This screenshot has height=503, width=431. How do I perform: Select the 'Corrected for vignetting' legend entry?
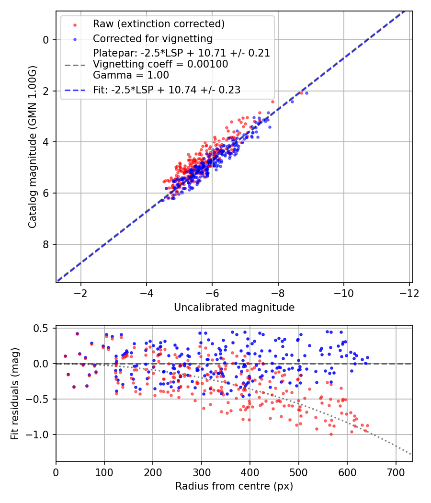click(152, 38)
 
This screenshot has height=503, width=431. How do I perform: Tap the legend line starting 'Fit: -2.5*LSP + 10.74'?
click(166, 90)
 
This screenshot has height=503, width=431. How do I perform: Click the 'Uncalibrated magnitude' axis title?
click(234, 307)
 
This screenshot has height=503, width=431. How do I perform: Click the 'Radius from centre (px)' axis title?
click(234, 486)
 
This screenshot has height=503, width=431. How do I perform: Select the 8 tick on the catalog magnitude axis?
click(46, 244)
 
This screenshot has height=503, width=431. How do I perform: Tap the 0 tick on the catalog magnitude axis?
click(46, 40)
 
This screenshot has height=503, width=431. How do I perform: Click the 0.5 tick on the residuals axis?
click(43, 328)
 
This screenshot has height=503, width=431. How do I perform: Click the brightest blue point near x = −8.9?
click(306, 93)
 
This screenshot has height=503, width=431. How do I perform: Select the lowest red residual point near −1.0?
click(331, 434)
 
